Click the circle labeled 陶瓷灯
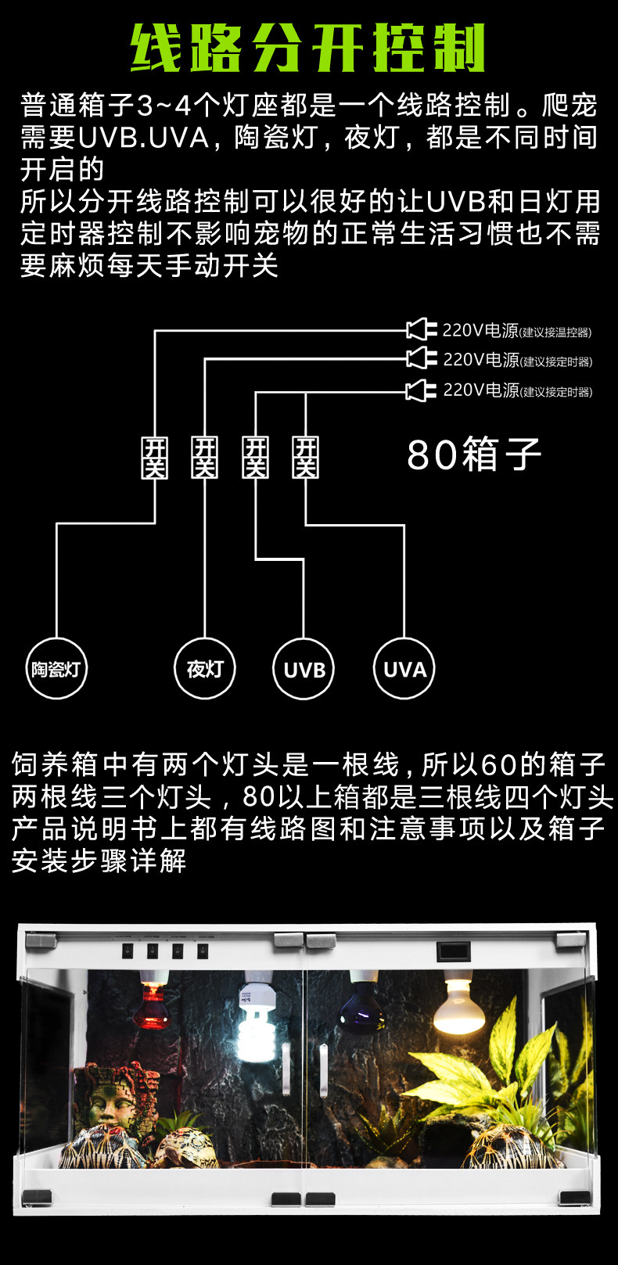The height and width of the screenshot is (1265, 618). point(56,669)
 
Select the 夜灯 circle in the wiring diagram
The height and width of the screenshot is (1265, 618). point(204,669)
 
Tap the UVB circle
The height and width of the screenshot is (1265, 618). point(304,670)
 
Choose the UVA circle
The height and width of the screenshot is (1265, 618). point(404,669)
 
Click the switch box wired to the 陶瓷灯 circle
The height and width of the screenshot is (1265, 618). point(155,458)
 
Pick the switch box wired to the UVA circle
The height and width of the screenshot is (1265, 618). point(305,458)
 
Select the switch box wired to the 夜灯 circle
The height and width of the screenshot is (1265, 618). point(205,458)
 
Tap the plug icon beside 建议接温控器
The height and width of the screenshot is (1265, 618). point(420,329)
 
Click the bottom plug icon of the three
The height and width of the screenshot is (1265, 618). point(420,390)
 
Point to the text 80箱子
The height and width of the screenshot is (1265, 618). point(474,455)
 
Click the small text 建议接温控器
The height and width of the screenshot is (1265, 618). point(556,332)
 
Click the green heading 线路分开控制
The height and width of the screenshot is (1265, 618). point(308,49)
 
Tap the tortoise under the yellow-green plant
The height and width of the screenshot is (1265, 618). point(505,1146)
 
